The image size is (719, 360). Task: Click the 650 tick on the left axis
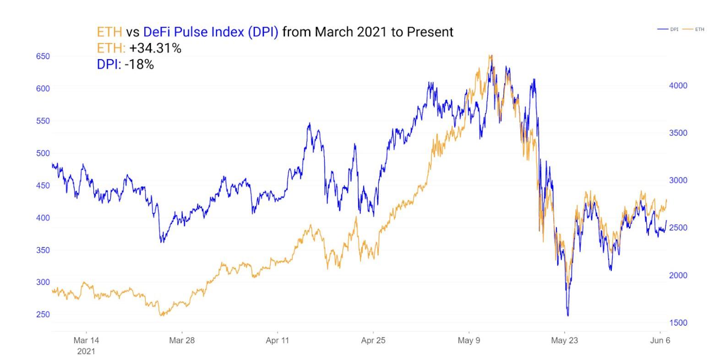(43, 56)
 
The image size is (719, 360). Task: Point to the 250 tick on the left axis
(43, 315)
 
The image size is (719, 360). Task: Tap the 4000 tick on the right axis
(678, 86)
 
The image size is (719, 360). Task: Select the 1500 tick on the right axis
(678, 323)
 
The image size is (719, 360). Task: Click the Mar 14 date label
(86, 341)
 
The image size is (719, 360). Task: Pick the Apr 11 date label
(278, 341)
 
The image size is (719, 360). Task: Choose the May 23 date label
(564, 341)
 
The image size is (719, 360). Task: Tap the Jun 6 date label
(660, 341)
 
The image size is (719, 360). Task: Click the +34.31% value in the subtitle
(155, 48)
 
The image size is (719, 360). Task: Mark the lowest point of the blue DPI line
(568, 316)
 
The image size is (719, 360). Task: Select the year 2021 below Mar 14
(86, 351)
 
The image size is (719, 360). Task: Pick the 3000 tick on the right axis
(678, 180)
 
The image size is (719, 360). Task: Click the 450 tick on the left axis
(43, 185)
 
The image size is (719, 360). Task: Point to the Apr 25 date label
(373, 341)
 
